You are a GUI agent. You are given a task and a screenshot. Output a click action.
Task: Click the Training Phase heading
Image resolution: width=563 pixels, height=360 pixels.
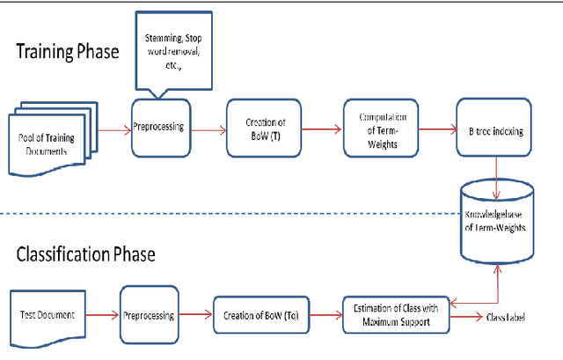[68, 52]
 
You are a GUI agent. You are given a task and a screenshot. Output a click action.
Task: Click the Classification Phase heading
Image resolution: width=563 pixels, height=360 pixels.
[85, 255]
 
